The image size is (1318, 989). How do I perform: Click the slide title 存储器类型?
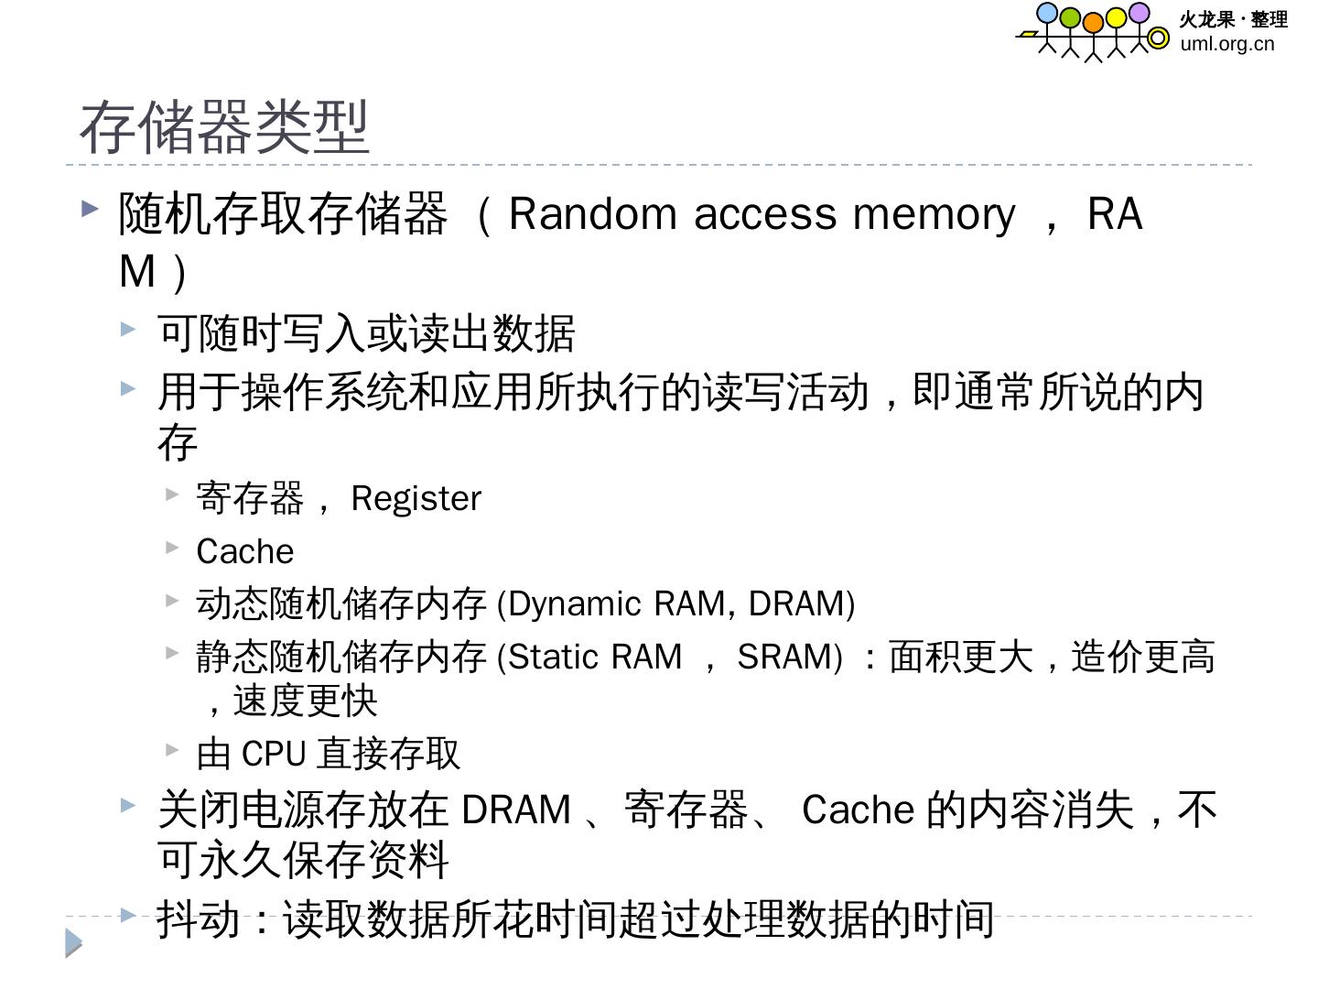tap(224, 127)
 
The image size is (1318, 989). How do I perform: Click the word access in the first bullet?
tap(765, 214)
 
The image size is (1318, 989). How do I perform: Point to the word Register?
tap(416, 499)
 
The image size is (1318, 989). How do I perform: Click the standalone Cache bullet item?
tap(244, 552)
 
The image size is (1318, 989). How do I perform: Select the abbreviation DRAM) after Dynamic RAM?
tap(802, 604)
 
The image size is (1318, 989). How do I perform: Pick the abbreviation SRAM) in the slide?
tap(790, 658)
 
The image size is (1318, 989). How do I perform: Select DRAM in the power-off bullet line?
tap(516, 810)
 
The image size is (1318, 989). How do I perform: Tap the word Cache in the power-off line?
tap(858, 810)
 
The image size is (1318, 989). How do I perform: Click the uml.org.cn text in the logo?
tap(1226, 44)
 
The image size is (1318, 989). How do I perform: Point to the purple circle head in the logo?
tap(1139, 13)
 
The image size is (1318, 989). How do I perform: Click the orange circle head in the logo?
tap(1093, 22)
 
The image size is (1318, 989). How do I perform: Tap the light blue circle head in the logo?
tap(1046, 14)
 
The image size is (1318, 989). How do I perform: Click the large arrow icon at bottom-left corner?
tap(73, 943)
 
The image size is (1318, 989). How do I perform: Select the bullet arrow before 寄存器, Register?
tap(172, 494)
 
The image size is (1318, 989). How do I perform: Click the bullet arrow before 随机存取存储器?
tap(90, 209)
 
